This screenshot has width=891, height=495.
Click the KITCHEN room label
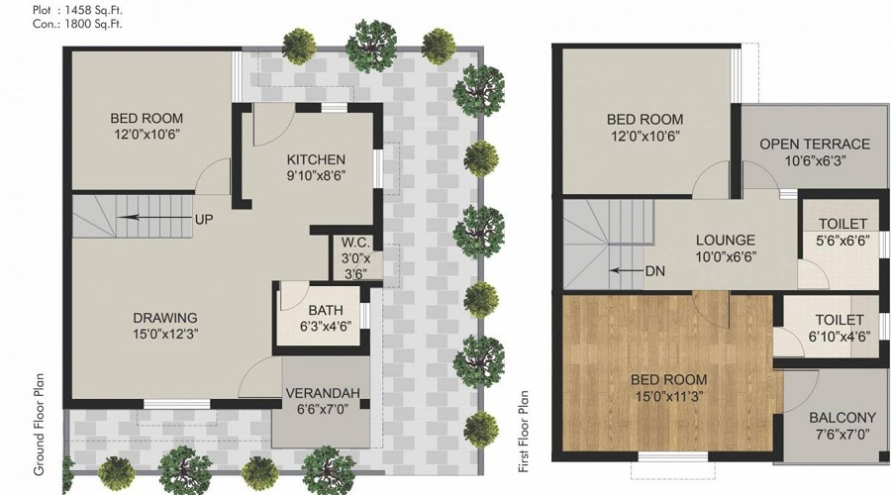[316, 159]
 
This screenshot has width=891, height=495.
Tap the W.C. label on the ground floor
[355, 243]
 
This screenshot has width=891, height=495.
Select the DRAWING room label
[165, 318]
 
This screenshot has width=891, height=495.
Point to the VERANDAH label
[323, 393]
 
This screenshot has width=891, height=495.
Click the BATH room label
[326, 310]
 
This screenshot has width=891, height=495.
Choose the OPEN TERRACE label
[815, 145]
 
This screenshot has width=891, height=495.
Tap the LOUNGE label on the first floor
[726, 241]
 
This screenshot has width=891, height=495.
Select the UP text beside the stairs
[204, 220]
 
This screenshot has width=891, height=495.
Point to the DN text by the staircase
[655, 271]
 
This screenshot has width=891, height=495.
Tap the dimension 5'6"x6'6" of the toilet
[843, 241]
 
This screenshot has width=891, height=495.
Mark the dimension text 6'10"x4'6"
[840, 337]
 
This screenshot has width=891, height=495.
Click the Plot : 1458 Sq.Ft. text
[77, 10]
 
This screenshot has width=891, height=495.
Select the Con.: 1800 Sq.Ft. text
[77, 24]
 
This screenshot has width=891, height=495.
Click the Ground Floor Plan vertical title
[39, 424]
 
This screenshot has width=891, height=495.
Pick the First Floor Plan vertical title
[524, 432]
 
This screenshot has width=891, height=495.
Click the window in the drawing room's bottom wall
[177, 404]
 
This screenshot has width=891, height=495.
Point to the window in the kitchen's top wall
[335, 108]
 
